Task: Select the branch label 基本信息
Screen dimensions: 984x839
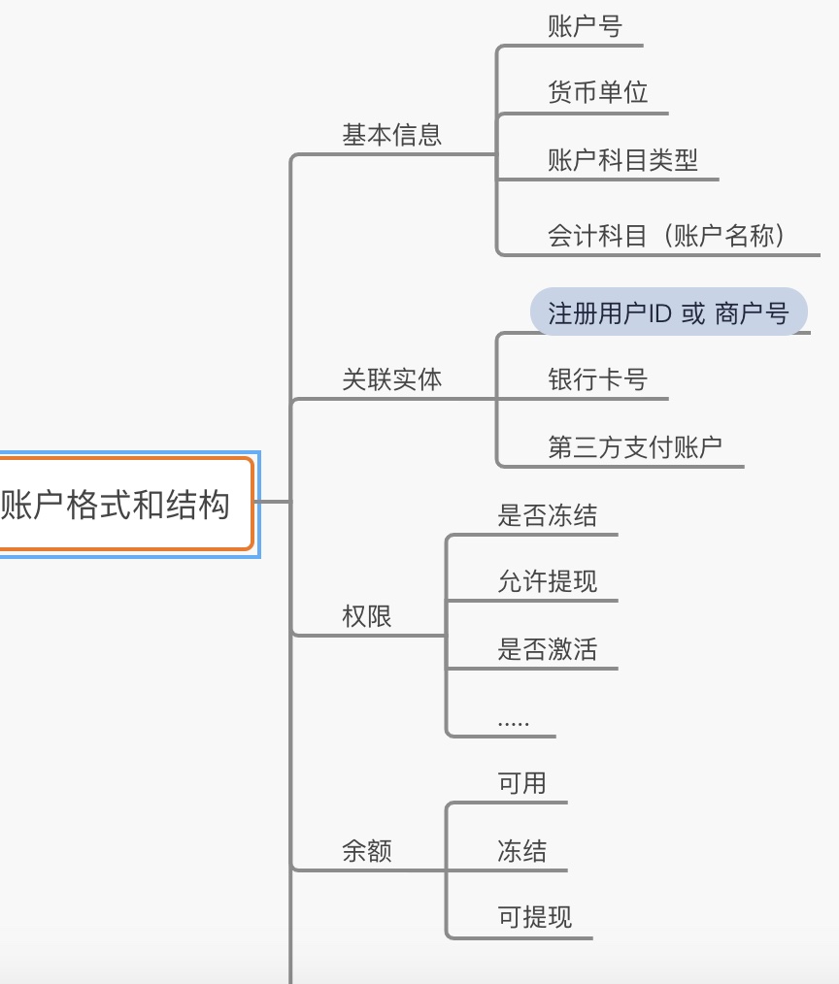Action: coord(391,135)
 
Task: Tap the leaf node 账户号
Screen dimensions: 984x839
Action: coord(584,26)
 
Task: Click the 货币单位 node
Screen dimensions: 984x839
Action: coord(597,93)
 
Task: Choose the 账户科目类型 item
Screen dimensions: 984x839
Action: coord(622,160)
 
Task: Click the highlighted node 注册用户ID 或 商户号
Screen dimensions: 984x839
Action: coord(668,313)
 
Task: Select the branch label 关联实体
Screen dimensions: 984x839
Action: coord(391,379)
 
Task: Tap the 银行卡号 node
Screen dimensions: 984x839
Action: coord(597,379)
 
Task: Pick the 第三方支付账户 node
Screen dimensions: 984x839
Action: coord(635,447)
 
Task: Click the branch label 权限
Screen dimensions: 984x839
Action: coord(367,616)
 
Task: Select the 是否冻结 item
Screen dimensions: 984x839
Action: coord(547,515)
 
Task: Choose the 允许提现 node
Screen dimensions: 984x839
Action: coord(547,582)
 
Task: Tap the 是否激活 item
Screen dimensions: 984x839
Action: coord(547,649)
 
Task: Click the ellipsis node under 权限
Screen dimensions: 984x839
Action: coord(513,720)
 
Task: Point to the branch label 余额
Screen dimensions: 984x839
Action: coord(367,851)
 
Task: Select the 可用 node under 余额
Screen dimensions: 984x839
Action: coord(521,783)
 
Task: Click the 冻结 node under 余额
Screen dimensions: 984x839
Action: coord(521,851)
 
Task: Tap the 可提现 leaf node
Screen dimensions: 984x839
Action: coord(534,918)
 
